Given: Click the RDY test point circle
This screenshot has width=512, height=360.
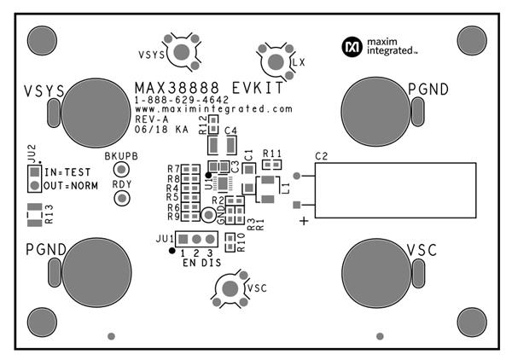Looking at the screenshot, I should (121, 198).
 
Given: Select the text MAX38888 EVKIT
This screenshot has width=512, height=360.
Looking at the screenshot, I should (207, 88).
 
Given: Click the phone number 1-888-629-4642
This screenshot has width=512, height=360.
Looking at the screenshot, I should (180, 101).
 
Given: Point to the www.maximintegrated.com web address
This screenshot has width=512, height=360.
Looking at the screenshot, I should (213, 110).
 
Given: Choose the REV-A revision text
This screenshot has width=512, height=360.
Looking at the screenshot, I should (152, 120).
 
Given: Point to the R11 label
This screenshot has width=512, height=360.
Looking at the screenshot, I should (272, 154).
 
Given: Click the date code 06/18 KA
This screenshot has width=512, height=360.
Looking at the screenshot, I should (162, 131).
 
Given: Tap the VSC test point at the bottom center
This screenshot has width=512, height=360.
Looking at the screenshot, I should (227, 288).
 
